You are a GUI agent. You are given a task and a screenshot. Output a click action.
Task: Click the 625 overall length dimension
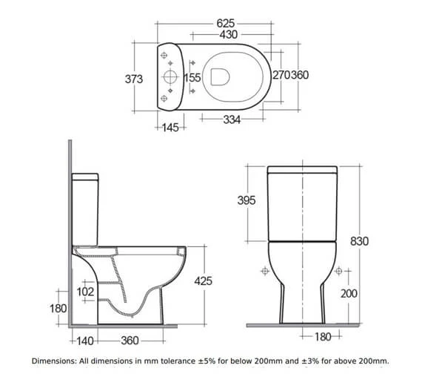click(226, 24)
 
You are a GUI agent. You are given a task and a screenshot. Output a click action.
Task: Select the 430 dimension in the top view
click(227, 35)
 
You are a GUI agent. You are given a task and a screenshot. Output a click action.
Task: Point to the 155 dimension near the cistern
click(192, 77)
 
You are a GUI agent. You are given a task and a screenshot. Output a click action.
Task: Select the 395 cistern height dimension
click(248, 200)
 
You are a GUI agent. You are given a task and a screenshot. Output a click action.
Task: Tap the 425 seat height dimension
click(202, 281)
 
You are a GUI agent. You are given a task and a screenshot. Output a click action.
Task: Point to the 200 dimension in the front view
click(349, 294)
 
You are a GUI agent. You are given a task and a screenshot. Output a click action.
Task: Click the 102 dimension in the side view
click(86, 292)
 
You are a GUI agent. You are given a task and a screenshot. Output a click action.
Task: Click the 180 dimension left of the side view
click(57, 308)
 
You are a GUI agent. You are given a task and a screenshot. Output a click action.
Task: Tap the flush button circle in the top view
click(170, 77)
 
